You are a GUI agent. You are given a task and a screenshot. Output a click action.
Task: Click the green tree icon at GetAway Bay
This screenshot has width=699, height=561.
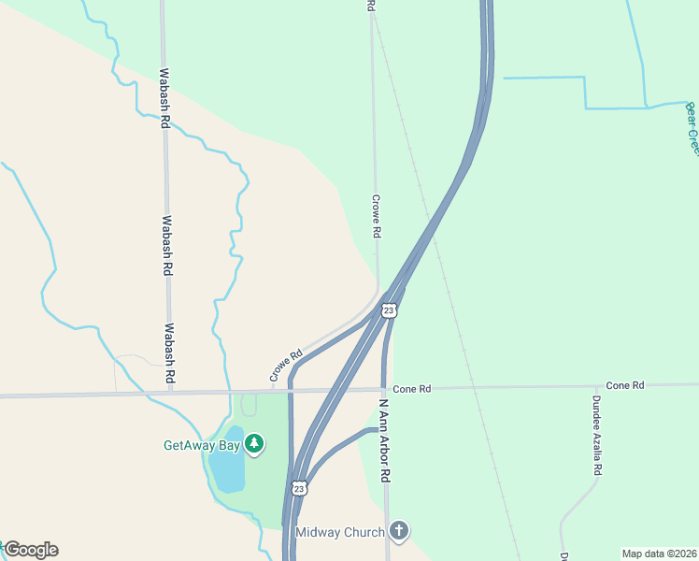(x=253, y=444)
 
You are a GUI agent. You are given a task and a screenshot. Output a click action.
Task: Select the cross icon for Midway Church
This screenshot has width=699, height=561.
(x=399, y=532)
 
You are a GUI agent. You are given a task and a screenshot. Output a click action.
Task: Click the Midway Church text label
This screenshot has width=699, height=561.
(x=339, y=532)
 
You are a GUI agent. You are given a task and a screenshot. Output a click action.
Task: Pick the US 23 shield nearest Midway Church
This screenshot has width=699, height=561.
(x=298, y=489)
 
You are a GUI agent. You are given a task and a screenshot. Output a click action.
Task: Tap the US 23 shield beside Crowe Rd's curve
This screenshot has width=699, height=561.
(x=389, y=309)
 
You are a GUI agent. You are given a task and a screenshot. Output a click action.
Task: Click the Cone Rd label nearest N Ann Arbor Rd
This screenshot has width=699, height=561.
(x=411, y=388)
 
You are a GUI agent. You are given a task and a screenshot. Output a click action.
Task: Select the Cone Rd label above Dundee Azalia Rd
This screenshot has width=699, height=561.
(x=624, y=385)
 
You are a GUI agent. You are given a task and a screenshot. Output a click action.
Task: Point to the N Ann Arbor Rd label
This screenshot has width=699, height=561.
(x=384, y=441)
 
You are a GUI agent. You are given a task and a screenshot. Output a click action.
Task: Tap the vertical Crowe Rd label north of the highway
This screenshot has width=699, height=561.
(x=376, y=216)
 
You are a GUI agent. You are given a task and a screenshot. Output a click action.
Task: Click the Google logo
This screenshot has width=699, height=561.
(x=30, y=550)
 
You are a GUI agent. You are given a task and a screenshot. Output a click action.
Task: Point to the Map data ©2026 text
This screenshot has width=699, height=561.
(x=659, y=554)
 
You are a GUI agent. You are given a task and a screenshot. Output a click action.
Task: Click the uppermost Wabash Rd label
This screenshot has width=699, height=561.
(x=164, y=97)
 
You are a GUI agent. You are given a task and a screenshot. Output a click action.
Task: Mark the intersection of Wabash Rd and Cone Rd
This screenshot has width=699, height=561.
(x=170, y=394)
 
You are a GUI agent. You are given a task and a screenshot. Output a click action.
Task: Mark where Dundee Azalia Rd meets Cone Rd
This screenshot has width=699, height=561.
(x=596, y=385)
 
